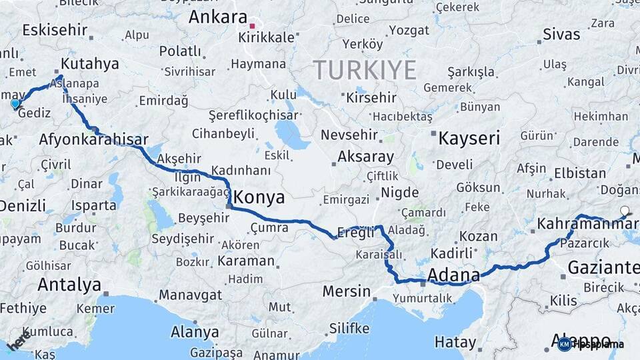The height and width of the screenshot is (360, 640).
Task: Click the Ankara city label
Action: pos(217,17)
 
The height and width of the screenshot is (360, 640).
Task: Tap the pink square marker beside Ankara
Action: pos(252,27)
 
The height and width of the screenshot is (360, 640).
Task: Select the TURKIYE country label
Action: pos(365,70)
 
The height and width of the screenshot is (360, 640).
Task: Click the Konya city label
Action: pos(259,197)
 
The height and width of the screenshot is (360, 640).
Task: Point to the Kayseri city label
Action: pos(469,139)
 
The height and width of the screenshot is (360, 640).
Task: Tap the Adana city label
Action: pos(453,275)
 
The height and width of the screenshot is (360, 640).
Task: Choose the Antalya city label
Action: pos(69,285)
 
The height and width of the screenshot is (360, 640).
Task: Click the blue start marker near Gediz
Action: pos(15,104)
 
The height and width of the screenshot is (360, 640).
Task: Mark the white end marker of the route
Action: pos(624,211)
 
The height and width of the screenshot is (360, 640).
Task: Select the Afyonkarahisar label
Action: pos(93,140)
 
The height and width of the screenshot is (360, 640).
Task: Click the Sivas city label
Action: pos(561,34)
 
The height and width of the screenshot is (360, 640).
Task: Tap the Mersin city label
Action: pos(346,291)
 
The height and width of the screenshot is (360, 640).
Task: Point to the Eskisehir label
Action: pos(55,30)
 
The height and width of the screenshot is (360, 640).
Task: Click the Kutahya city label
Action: pos(89,64)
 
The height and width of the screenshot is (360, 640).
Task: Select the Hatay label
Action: pos(455,343)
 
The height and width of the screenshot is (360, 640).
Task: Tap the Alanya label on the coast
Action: pos(195,331)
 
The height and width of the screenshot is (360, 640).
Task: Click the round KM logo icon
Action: pos(565,344)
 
